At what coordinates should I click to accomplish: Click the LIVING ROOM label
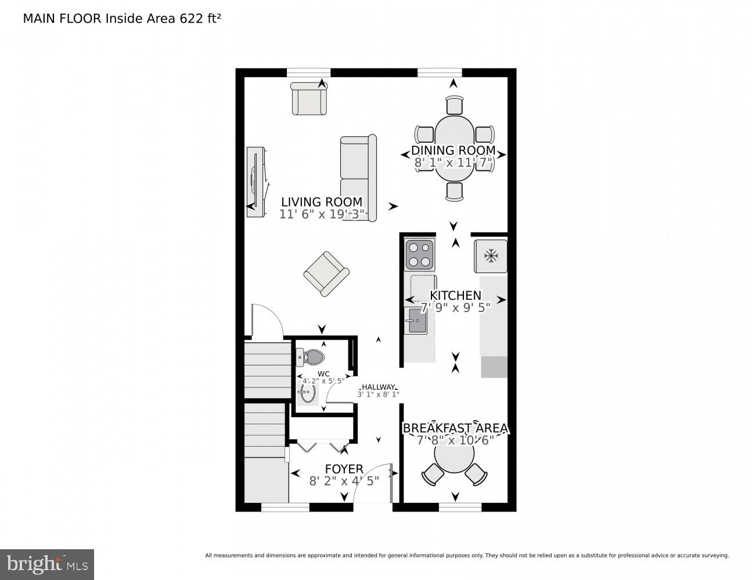pos(322,202)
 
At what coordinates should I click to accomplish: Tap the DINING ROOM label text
pos(454,150)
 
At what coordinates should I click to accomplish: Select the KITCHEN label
pos(455,295)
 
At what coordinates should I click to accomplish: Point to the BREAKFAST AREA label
pos(455,428)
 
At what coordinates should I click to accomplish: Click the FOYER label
pos(344,469)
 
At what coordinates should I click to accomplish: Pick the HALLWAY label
pos(378,387)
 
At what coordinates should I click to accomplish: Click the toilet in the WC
pos(312,357)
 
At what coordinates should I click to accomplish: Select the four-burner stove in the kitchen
pos(419,254)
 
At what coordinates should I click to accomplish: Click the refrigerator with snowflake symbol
pos(491,256)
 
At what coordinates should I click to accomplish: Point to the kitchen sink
pos(416,321)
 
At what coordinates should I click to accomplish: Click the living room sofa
pos(358,177)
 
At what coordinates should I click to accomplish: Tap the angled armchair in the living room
pos(326,273)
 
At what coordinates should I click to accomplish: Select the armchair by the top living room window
pos(309,99)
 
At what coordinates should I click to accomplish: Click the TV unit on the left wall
pos(256,182)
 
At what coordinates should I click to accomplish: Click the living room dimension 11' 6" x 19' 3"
pos(322,214)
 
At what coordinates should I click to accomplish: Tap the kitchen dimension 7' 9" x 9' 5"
pos(455,307)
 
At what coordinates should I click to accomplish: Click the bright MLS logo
pos(47,564)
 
